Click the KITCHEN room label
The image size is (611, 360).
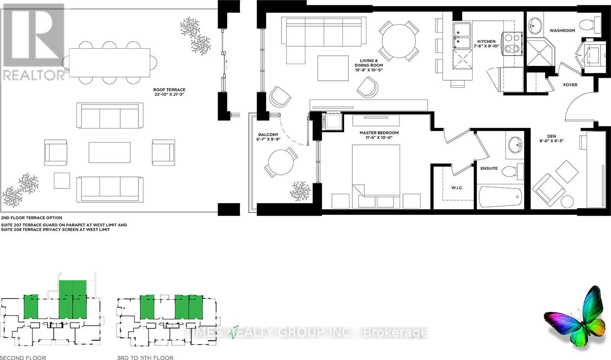click(486, 42)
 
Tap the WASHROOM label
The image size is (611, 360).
click(562, 30)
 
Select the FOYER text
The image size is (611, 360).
click(570, 85)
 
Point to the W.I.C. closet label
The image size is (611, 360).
click(457, 188)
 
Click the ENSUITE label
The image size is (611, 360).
click(489, 169)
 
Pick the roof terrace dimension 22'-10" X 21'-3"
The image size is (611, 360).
click(169, 94)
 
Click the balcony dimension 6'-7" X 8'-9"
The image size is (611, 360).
click(268, 139)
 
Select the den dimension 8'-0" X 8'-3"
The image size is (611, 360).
click(552, 141)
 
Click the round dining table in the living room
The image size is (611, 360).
click(399, 41)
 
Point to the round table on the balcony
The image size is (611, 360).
click(281, 162)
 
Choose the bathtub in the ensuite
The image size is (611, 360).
click(500, 197)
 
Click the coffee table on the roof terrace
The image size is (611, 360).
click(109, 152)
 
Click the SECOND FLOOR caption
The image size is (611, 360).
click(23, 358)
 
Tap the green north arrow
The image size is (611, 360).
click(233, 332)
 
